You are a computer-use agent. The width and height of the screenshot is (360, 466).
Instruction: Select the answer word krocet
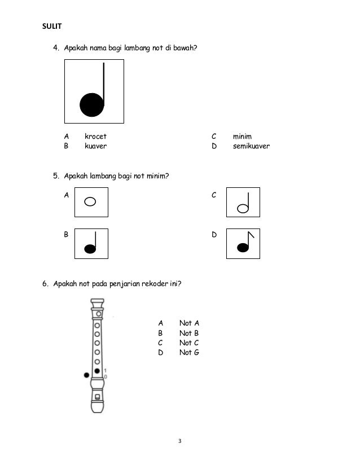[x=95, y=137]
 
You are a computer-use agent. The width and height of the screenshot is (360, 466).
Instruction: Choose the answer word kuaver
[x=95, y=146]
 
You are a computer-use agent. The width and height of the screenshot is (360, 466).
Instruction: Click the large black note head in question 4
[x=91, y=105]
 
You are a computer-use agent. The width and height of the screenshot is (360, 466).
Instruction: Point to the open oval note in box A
[x=90, y=201]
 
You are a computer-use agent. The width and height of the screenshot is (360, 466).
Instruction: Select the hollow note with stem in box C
[x=244, y=208]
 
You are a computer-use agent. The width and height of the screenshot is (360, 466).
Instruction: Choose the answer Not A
[x=189, y=323]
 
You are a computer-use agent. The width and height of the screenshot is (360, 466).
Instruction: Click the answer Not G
[x=189, y=353]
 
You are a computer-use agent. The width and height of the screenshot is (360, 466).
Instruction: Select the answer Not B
[x=189, y=333]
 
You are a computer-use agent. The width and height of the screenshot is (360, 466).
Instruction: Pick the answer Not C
[x=189, y=342]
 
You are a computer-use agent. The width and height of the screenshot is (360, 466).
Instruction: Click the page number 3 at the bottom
[x=179, y=441]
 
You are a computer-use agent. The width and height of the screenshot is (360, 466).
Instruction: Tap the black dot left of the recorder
[x=86, y=375]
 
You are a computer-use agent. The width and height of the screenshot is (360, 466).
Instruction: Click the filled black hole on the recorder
[x=98, y=371]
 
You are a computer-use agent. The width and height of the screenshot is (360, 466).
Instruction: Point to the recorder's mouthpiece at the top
[x=98, y=304]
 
